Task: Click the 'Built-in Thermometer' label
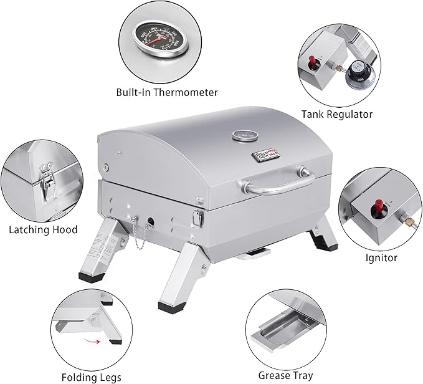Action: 167,92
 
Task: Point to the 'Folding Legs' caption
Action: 93,377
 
